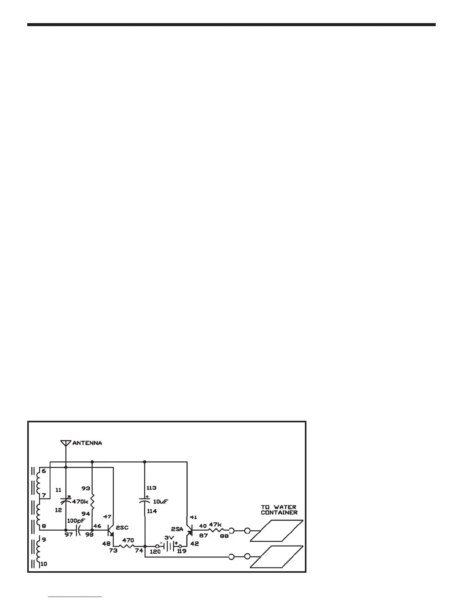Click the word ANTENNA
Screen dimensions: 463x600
pyautogui.click(x=87, y=443)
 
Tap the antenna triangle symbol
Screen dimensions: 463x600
pyautogui.click(x=66, y=443)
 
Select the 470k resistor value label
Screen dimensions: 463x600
pyautogui.click(x=80, y=502)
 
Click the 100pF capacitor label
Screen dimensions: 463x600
pyautogui.click(x=76, y=520)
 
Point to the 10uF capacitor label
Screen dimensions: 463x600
pyautogui.click(x=160, y=502)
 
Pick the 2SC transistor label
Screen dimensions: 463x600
pyautogui.click(x=122, y=527)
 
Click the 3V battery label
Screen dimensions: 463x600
pyautogui.click(x=169, y=537)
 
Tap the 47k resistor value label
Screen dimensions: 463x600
pyautogui.click(x=215, y=525)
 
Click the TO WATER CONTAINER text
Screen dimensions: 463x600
pyautogui.click(x=279, y=509)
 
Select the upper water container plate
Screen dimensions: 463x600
pyautogui.click(x=277, y=530)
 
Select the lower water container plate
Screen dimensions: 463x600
pyautogui.click(x=277, y=556)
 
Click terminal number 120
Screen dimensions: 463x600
pyautogui.click(x=155, y=552)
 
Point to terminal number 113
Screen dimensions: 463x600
pyautogui.click(x=151, y=488)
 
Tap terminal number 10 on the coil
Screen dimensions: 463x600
pyautogui.click(x=44, y=564)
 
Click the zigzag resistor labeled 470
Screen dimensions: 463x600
pyautogui.click(x=127, y=546)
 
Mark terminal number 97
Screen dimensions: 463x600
pyautogui.click(x=68, y=534)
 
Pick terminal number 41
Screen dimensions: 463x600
pyautogui.click(x=193, y=517)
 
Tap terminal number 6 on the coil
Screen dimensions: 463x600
pyautogui.click(x=44, y=471)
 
